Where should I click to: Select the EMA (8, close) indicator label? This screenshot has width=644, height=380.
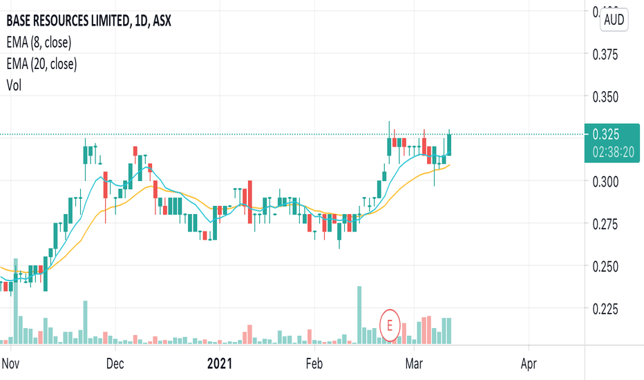[x=39, y=42]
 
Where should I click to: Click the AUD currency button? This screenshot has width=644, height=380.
[x=614, y=19]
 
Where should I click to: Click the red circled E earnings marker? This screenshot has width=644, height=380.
[x=391, y=323]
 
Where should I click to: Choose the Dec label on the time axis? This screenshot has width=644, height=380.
[x=115, y=363]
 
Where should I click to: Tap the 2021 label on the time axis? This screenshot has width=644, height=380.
[x=221, y=363]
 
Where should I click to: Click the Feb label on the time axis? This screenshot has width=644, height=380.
[x=314, y=363]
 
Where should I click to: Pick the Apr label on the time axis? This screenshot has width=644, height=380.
[x=529, y=363]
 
